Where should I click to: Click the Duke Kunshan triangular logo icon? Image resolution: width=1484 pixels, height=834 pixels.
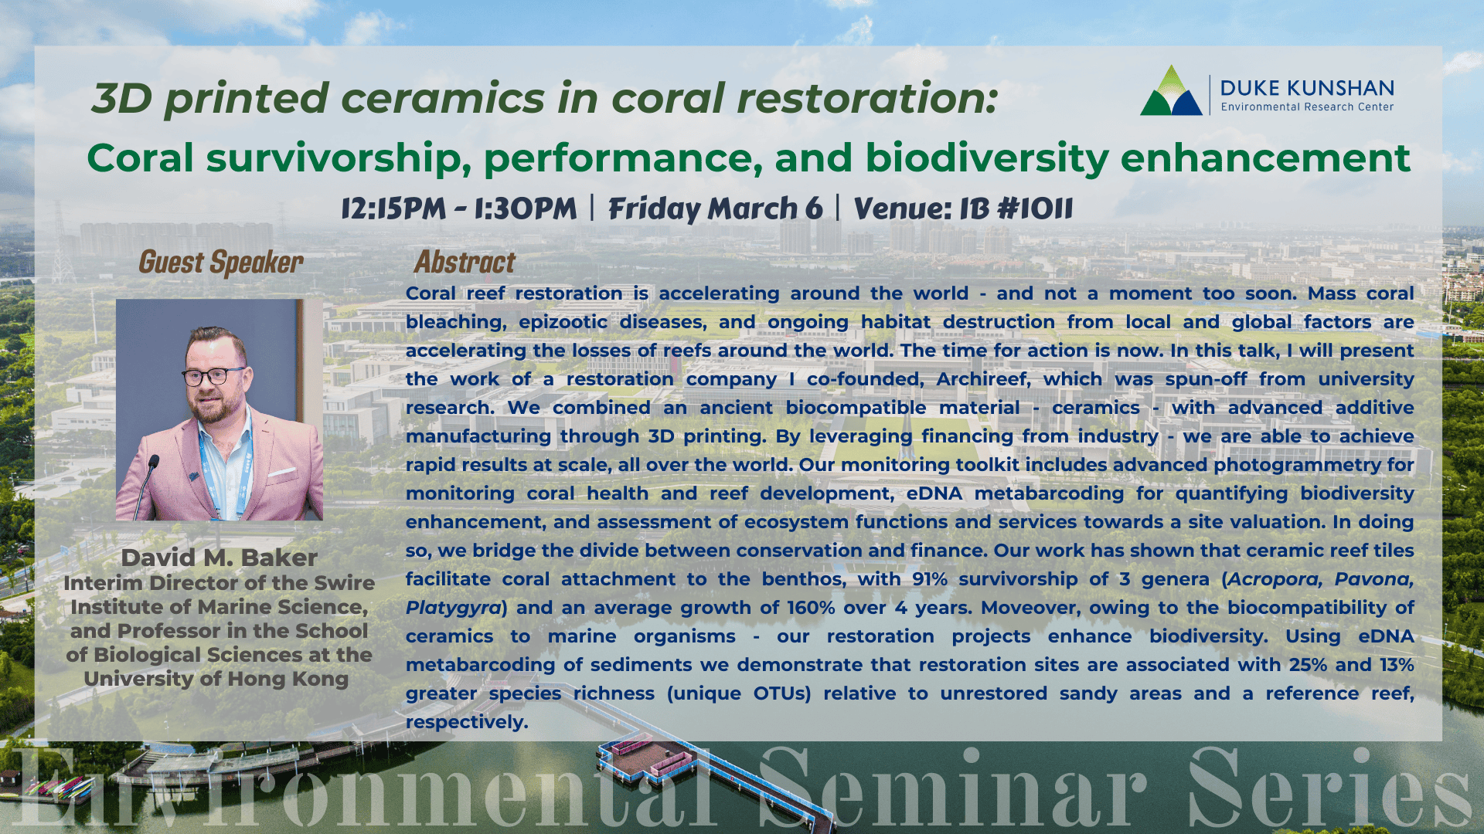[x=1171, y=91]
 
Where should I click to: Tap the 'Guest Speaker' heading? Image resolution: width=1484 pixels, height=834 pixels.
[x=221, y=263]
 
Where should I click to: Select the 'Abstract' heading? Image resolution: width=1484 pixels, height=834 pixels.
[x=465, y=263]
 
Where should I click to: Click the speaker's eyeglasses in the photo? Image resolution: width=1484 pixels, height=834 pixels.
[x=214, y=376]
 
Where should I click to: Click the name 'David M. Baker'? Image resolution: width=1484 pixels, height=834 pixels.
[x=219, y=558]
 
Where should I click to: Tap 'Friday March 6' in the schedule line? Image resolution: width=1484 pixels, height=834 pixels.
[x=716, y=208]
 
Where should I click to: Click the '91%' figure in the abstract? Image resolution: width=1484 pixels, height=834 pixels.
[x=930, y=579]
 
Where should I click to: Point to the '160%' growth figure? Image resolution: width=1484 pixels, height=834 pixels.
[x=812, y=608]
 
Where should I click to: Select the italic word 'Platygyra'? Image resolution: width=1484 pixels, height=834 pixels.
[x=454, y=609]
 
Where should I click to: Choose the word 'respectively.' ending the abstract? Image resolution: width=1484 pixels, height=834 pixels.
[x=467, y=723]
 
